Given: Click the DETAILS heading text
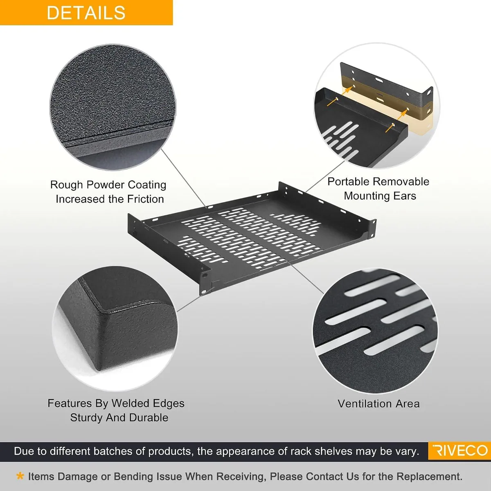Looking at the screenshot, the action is pos(86,13).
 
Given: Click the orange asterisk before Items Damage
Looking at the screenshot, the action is pos(20,476).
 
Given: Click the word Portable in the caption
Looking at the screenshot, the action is pos(349,182).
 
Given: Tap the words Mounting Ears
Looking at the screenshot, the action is pos(380,196).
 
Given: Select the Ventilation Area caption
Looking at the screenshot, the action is pos(378,403).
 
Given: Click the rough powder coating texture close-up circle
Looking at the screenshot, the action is pos(113,107).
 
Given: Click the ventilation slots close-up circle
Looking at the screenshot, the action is pos(376,331).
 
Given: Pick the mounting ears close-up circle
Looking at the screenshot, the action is pos(377,106).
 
